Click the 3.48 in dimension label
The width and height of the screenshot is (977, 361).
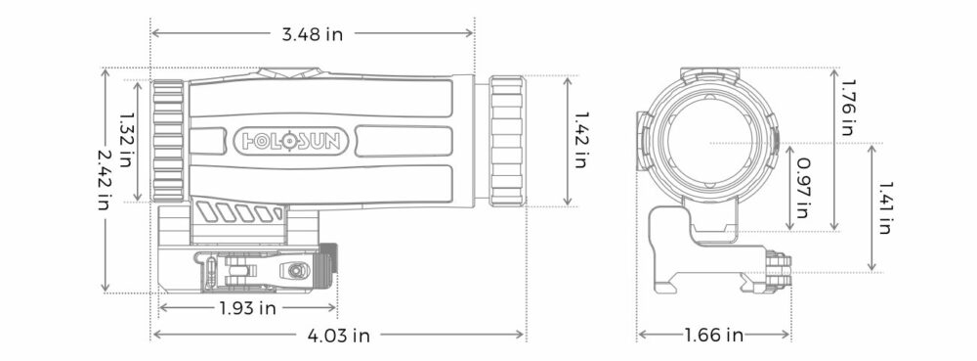point(313,33)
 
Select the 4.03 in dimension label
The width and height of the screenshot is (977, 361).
point(338,336)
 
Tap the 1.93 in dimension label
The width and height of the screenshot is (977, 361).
point(246,309)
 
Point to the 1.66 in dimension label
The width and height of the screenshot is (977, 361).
point(714,336)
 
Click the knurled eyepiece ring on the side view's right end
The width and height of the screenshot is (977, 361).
point(506,139)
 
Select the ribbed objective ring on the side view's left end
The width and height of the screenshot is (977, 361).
point(168,140)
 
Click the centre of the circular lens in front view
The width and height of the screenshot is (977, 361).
point(709,142)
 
